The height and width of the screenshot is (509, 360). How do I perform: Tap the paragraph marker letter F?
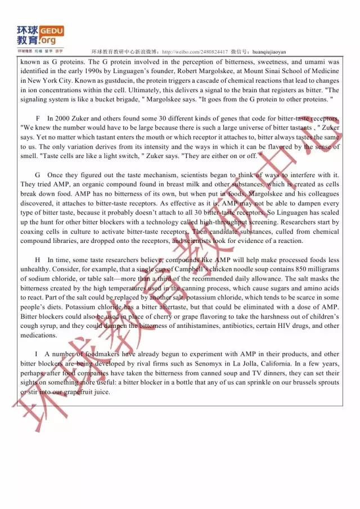(x=37, y=119)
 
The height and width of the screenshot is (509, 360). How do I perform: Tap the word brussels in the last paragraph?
(x=307, y=382)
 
